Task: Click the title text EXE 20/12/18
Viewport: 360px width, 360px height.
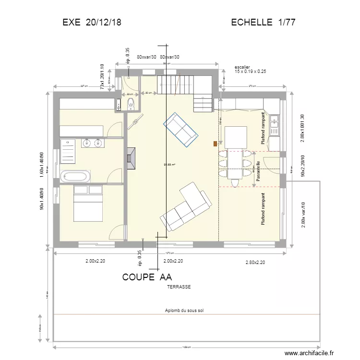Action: click(92, 23)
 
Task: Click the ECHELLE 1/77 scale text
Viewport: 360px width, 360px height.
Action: click(263, 23)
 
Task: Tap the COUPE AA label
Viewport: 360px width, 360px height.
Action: click(147, 277)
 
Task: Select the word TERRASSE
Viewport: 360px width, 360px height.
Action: click(179, 287)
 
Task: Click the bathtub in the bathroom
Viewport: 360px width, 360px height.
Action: click(75, 176)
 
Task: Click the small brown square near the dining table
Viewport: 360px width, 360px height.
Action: click(215, 143)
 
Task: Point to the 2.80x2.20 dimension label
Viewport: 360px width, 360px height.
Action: click(255, 262)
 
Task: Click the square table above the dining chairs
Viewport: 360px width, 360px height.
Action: click(236, 137)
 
